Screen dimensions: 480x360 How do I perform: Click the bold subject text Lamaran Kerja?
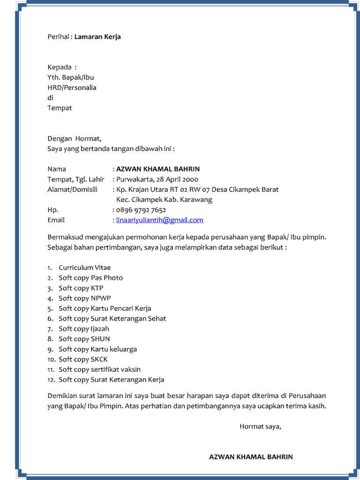click(x=97, y=37)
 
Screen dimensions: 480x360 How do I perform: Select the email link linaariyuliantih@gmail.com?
click(x=159, y=220)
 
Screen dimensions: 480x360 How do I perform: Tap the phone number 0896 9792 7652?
click(x=141, y=210)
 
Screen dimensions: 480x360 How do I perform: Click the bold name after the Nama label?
click(x=158, y=169)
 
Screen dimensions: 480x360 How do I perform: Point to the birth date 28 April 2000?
click(x=177, y=179)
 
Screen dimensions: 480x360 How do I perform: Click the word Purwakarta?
click(x=135, y=179)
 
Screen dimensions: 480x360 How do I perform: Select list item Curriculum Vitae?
click(x=85, y=268)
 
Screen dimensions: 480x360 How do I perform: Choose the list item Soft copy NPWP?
click(x=85, y=298)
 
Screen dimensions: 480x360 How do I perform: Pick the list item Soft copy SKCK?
click(x=83, y=359)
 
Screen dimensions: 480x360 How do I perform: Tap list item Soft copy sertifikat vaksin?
click(x=99, y=369)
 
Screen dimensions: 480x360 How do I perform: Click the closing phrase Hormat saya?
click(x=260, y=426)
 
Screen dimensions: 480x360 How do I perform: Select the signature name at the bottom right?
click(x=251, y=457)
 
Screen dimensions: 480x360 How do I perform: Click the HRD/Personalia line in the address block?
click(x=72, y=88)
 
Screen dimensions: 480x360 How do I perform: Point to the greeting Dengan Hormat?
click(x=74, y=138)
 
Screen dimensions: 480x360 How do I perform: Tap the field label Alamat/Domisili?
click(x=72, y=189)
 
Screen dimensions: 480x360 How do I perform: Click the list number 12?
click(x=51, y=380)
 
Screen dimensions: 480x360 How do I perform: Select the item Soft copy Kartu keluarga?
click(x=97, y=349)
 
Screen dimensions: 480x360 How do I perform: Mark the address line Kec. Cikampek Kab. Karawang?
click(x=164, y=200)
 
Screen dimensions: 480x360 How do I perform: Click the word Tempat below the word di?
click(x=60, y=108)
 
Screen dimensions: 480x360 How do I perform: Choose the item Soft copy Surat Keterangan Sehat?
click(x=112, y=318)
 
